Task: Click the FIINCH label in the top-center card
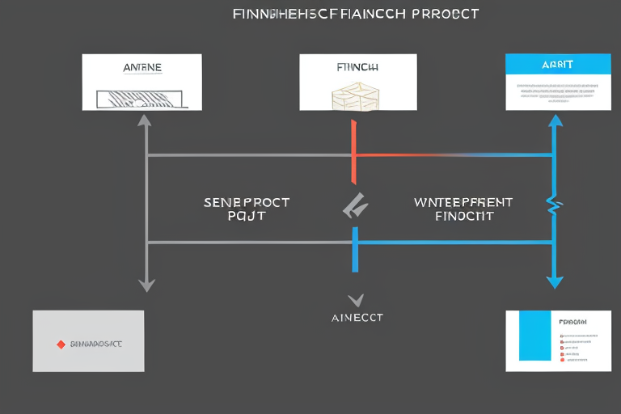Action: [x=358, y=68]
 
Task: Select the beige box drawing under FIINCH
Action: [x=354, y=96]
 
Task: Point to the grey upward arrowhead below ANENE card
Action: [x=146, y=121]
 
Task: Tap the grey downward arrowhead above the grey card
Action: [x=146, y=285]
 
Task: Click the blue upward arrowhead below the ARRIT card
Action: [x=555, y=121]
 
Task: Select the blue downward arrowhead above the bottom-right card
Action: [x=555, y=281]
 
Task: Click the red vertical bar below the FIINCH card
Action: [x=354, y=152]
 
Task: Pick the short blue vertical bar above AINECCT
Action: [x=355, y=250]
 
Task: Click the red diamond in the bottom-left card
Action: [x=61, y=344]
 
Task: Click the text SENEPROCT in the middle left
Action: [x=247, y=203]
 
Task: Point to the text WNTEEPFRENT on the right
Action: [x=463, y=203]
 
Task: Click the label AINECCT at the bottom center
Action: [x=357, y=318]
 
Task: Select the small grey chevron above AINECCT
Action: [x=356, y=300]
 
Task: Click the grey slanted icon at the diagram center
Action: [x=355, y=208]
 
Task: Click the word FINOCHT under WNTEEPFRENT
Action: [x=464, y=217]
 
